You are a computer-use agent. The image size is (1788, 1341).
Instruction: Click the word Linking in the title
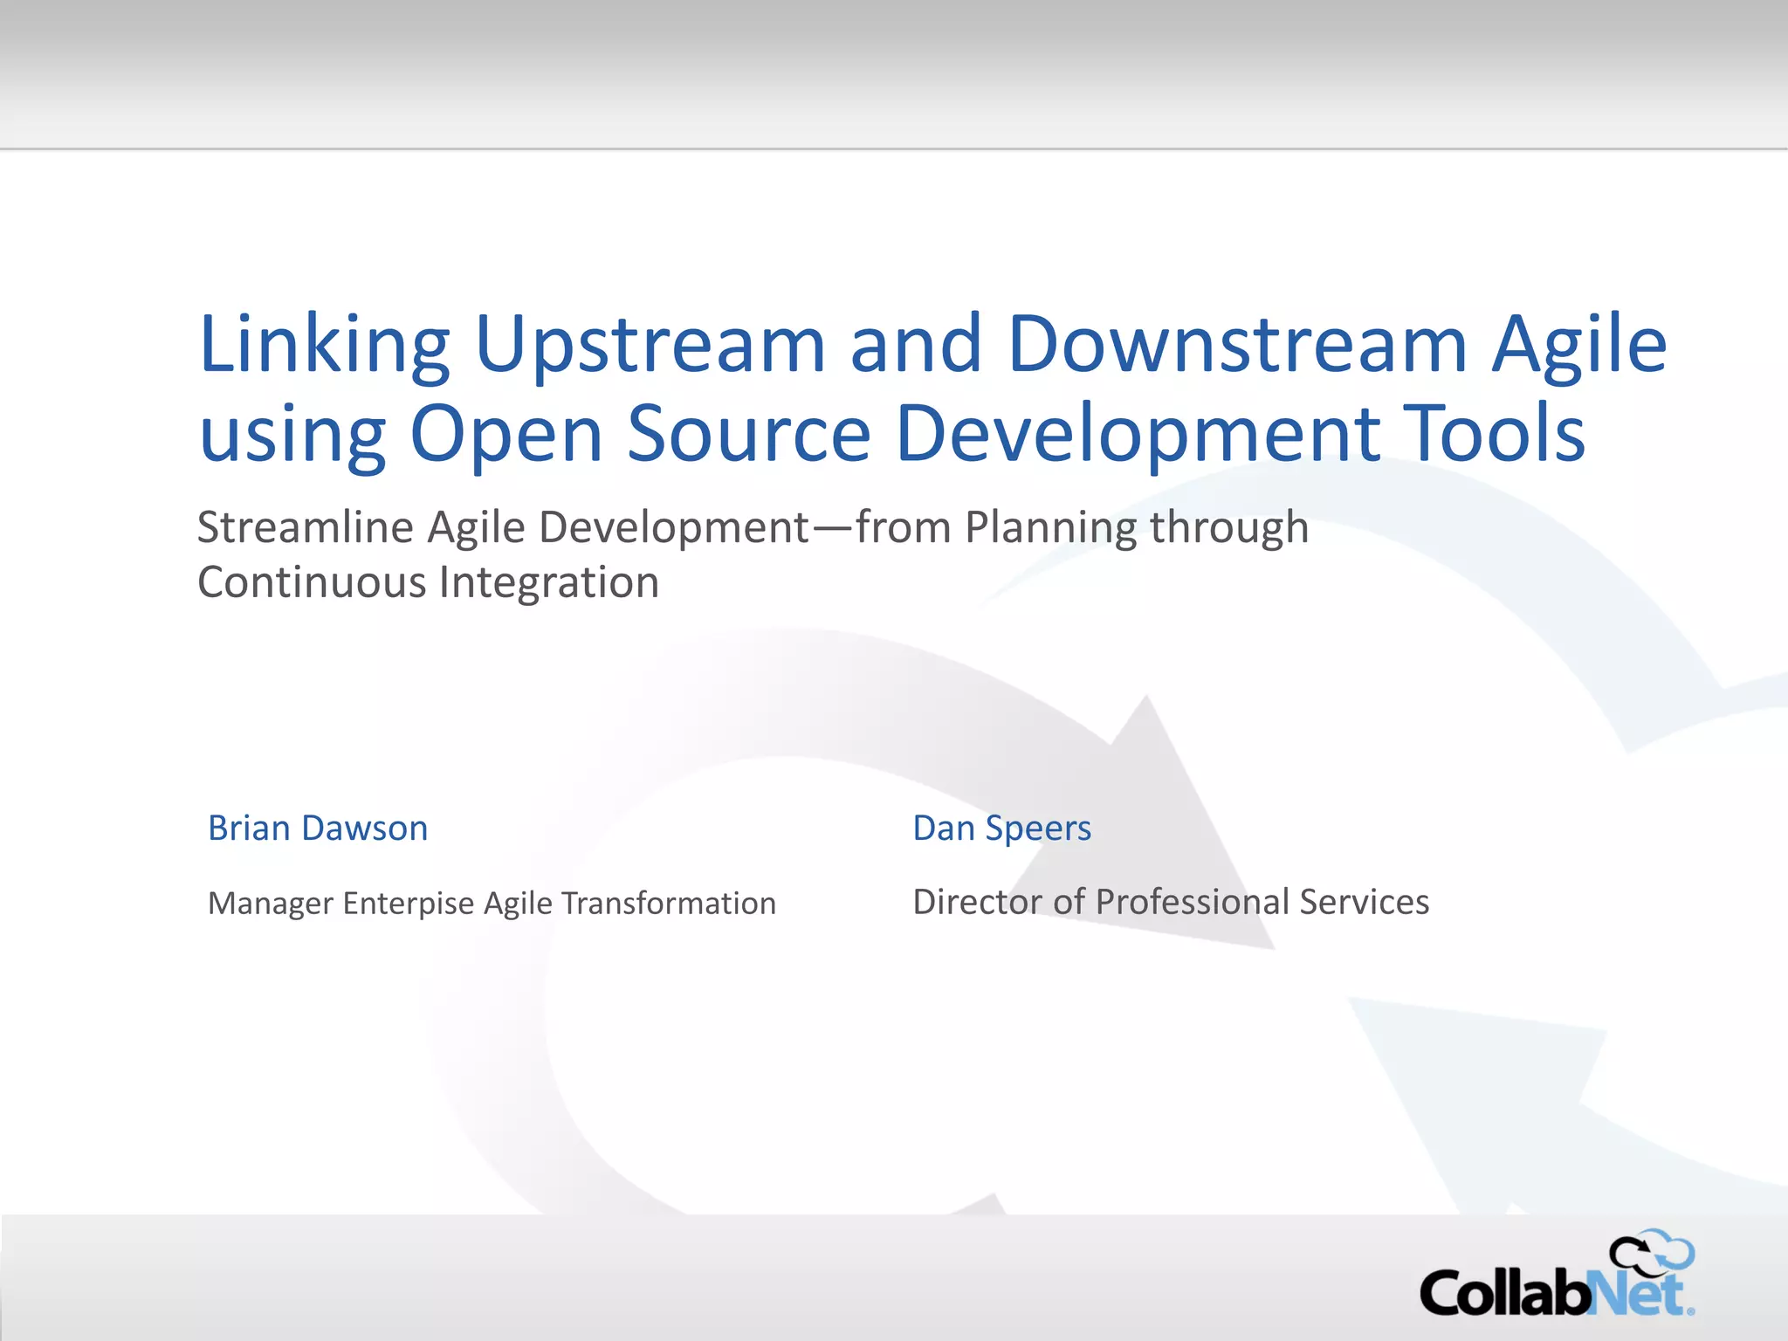(324, 344)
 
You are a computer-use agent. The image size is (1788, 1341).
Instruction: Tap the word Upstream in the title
(650, 344)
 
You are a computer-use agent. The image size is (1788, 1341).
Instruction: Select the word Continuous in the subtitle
(311, 582)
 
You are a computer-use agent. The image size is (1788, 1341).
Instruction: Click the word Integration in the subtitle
(549, 582)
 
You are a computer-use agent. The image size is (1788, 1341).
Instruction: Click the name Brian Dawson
(318, 828)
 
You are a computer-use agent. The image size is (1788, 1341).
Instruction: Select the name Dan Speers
(1001, 828)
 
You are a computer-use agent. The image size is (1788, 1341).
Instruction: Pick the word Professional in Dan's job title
(1192, 902)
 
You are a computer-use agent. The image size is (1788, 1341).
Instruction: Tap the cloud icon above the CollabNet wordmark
(1653, 1254)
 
